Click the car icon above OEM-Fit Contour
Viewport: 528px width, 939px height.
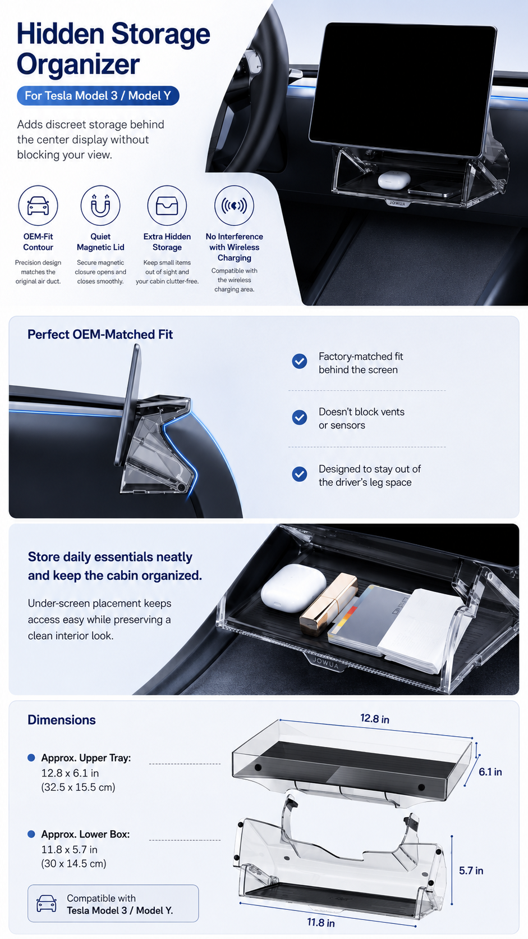pos(38,206)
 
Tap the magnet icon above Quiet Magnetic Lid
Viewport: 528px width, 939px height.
pos(100,206)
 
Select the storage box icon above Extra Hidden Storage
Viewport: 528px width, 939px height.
pos(167,206)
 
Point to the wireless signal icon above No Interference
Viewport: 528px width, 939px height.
pos(234,206)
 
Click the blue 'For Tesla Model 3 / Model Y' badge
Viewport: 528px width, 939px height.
pos(98,95)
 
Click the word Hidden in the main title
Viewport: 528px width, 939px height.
pos(60,34)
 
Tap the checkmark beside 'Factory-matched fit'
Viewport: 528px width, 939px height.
pos(300,361)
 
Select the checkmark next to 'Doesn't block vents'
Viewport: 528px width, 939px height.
pos(300,417)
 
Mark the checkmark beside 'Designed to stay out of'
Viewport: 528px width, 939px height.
pos(300,474)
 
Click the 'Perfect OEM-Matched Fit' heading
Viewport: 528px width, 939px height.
pos(100,335)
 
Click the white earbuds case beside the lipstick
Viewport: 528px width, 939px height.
pos(293,587)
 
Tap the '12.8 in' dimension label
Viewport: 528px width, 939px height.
pos(375,718)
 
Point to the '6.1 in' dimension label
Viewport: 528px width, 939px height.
pos(490,772)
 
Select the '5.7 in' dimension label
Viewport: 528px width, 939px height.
pos(471,870)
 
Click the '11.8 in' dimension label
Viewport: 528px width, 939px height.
pos(321,922)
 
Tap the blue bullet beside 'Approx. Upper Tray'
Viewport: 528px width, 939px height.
pos(31,758)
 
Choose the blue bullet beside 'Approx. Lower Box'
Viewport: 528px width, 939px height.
pos(31,834)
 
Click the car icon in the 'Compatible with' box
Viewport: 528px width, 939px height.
pos(47,904)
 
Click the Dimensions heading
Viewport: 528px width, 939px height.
pos(62,720)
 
